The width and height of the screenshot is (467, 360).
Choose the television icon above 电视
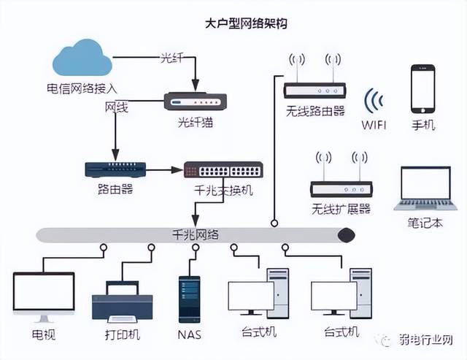click(44, 296)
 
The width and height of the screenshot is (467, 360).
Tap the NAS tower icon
click(190, 299)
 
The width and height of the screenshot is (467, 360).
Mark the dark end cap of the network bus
click(346, 234)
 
